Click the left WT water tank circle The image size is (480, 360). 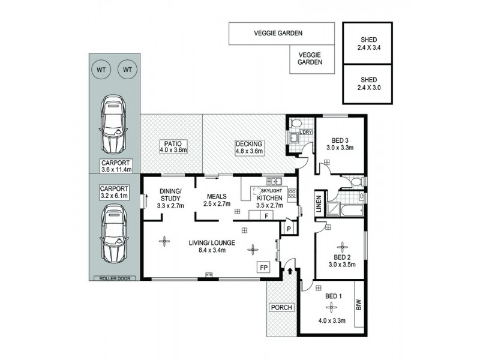tap(101, 70)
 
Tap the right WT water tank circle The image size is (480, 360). tap(127, 70)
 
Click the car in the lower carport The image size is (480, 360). tap(114, 233)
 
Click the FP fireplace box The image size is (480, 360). tap(263, 267)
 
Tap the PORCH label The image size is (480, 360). tap(281, 307)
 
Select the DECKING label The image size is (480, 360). tap(248, 144)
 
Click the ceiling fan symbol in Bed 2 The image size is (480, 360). tap(343, 245)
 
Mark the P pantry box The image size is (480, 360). tap(289, 229)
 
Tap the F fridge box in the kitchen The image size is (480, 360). tap(266, 214)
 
